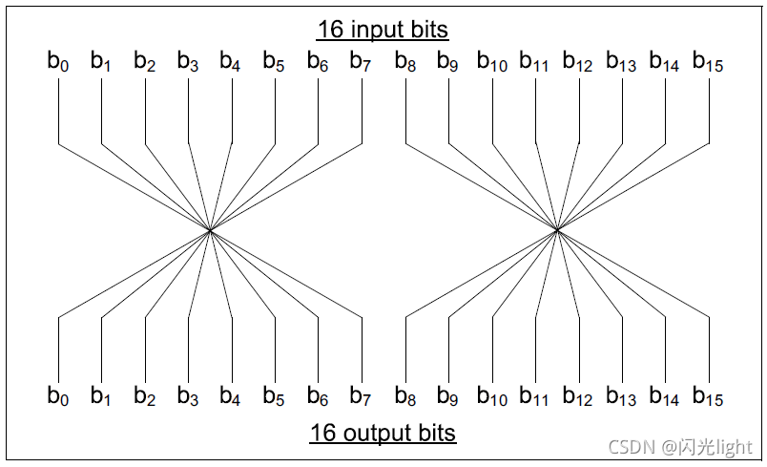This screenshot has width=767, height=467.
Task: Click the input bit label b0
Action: (x=58, y=62)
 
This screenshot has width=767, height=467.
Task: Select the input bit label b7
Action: (x=361, y=62)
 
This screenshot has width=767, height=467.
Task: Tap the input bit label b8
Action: (x=405, y=62)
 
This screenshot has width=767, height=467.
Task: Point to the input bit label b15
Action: (x=708, y=62)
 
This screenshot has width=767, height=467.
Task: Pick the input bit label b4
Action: (x=231, y=62)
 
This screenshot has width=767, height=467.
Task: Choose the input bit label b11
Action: (x=534, y=62)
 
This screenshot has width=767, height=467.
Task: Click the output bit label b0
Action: (x=58, y=395)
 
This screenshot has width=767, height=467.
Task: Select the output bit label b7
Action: (x=361, y=395)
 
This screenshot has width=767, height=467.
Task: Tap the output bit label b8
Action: (x=405, y=395)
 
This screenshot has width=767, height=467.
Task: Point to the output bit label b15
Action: (x=708, y=395)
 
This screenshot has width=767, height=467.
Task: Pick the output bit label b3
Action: (x=188, y=395)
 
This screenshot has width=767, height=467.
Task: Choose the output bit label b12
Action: (x=578, y=395)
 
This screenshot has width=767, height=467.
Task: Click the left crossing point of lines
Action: (x=210, y=230)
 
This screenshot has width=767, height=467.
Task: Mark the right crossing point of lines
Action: (x=557, y=230)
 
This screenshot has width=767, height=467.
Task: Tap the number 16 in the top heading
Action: (x=330, y=31)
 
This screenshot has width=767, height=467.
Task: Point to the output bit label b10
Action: (x=491, y=395)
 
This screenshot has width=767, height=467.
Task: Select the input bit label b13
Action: (x=621, y=62)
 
